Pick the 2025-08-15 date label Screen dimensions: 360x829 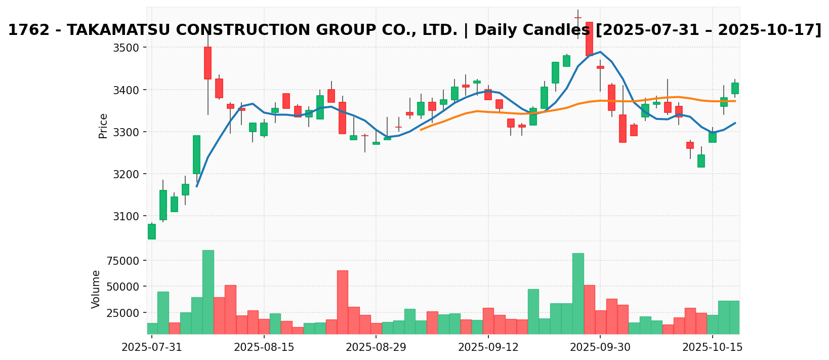264,347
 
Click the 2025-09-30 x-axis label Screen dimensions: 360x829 600,347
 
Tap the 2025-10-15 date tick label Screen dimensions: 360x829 712,347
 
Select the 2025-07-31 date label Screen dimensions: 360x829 152,347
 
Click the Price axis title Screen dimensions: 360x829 103,126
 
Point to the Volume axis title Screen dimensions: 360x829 96,289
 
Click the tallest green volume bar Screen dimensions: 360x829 208,292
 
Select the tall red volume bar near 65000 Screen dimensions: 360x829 343,302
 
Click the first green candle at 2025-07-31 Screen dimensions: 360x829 152,231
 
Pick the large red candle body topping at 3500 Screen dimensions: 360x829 208,63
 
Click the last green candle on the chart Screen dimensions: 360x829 735,88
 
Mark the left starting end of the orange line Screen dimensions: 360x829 421,130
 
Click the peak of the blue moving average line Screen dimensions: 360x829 600,52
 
